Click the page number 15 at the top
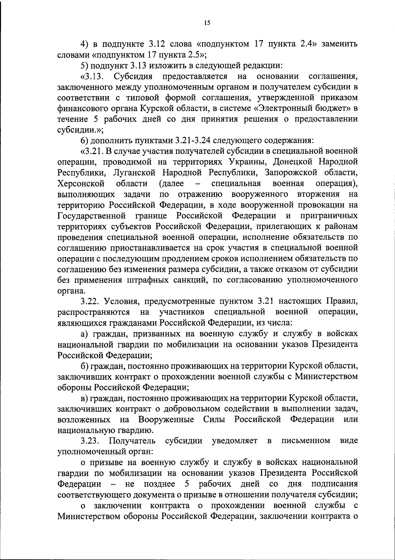(x=207, y=23)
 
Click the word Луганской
(x=134, y=173)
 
